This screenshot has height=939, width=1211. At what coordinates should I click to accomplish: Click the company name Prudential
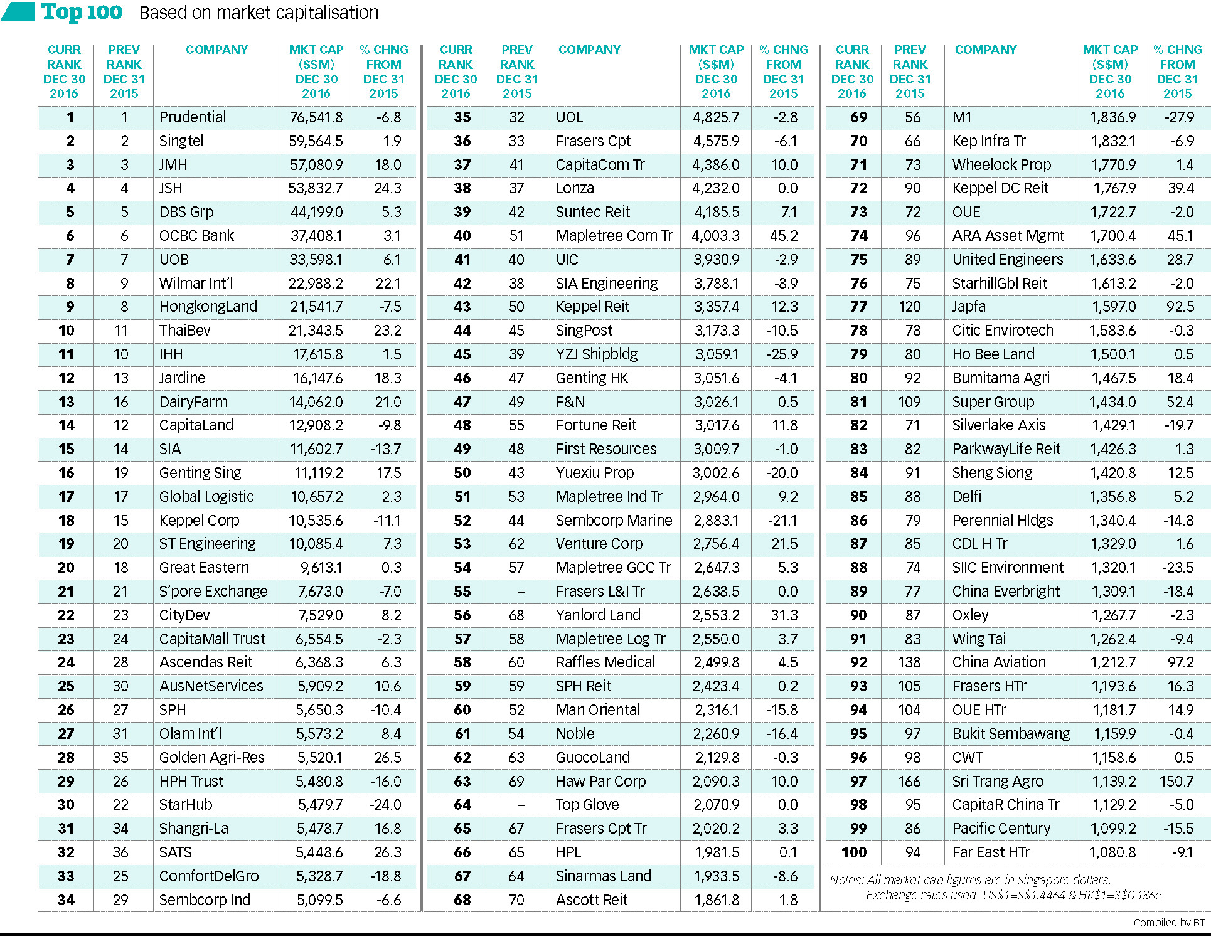[x=193, y=117]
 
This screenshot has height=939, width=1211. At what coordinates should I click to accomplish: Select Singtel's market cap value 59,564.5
[x=316, y=141]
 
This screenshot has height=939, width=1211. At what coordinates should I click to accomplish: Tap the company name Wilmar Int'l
[x=196, y=284]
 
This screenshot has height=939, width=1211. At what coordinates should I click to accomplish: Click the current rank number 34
[x=66, y=900]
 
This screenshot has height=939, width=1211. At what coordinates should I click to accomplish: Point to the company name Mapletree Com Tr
[x=614, y=236]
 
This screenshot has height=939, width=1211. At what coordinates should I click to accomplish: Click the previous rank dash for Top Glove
[x=520, y=805]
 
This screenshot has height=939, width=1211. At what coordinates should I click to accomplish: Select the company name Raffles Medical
[x=605, y=662]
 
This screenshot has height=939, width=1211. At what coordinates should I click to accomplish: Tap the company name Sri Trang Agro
[x=998, y=782]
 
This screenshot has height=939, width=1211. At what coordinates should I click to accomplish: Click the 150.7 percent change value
[x=1176, y=782]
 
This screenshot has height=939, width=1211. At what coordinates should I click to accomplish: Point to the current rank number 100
[x=854, y=852]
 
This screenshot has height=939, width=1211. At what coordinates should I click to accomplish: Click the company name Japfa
[x=969, y=307]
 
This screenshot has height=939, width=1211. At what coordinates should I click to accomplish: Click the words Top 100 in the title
[x=82, y=12]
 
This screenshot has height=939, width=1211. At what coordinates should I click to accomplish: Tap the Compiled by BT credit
[x=1169, y=923]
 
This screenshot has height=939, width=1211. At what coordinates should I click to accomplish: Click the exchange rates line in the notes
[x=1014, y=895]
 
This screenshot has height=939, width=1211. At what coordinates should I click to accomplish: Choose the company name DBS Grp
[x=186, y=212]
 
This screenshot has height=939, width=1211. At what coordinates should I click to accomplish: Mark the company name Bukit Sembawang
[x=1011, y=734]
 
